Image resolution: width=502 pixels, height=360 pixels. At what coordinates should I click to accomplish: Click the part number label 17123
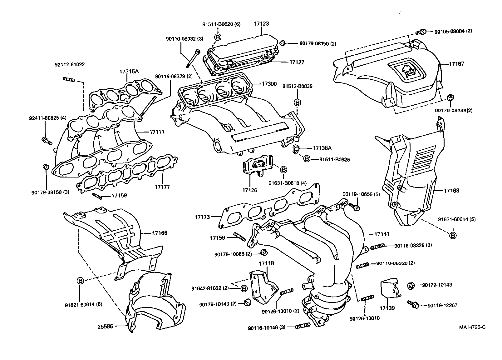261,23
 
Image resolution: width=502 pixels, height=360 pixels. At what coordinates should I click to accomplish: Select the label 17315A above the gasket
129,72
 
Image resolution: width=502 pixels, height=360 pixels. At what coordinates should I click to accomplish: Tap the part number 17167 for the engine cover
456,64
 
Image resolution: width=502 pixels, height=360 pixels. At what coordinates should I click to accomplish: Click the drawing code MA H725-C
472,327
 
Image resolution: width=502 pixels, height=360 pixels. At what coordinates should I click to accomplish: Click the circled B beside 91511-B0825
307,159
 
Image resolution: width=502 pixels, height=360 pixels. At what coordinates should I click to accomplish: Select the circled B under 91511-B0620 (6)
218,37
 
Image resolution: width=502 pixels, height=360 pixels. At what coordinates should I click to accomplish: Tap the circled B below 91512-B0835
297,102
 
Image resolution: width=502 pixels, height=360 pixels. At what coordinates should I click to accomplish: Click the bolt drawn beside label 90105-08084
421,32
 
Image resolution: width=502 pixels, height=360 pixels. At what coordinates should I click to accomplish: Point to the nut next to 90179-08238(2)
450,97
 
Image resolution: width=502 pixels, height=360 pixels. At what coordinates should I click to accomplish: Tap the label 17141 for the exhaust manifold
382,234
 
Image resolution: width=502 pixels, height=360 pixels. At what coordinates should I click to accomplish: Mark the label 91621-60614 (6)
83,304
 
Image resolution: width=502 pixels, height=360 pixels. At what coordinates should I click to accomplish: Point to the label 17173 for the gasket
203,217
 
